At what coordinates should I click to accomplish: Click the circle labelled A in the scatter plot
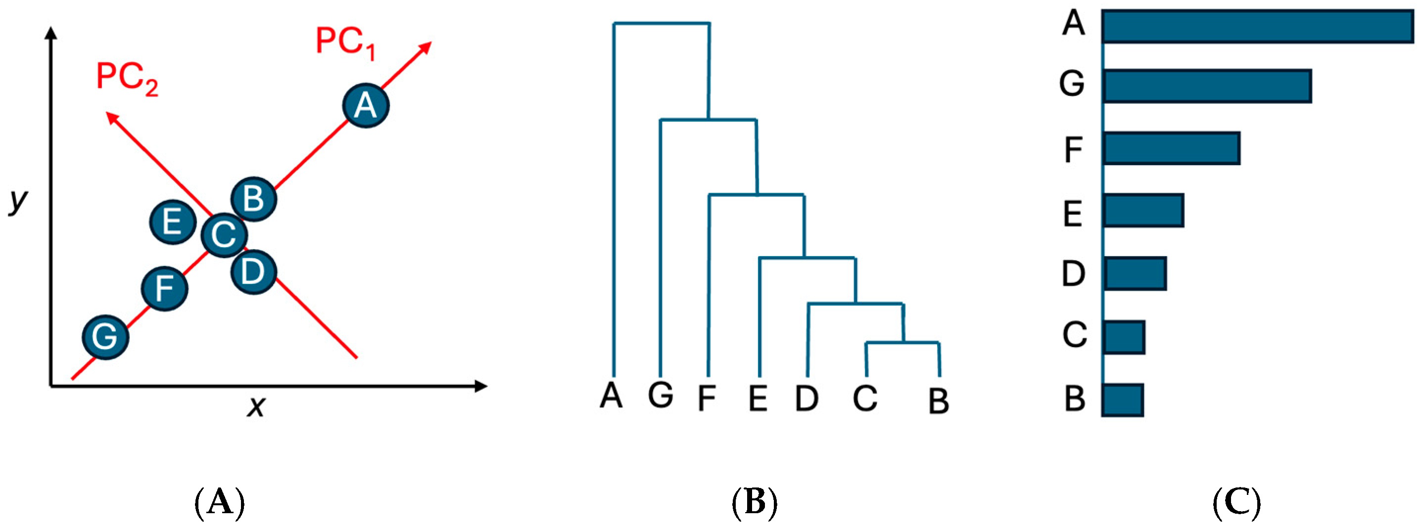tap(366, 105)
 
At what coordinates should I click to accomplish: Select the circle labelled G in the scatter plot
tap(105, 337)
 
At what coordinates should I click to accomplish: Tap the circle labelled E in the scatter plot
tap(173, 222)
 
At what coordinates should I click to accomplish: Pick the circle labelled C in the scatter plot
tap(224, 235)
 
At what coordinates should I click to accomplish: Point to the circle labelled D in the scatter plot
tap(253, 271)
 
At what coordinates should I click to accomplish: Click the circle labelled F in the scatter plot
tap(165, 289)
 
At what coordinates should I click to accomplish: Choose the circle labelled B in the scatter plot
tap(253, 199)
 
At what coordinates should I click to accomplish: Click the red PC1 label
tap(345, 43)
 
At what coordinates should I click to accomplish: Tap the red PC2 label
tap(127, 79)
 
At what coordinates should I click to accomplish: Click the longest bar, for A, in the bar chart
tap(1257, 27)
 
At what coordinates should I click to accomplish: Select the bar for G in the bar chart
tap(1206, 86)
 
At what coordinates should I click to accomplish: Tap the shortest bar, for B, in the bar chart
tap(1123, 399)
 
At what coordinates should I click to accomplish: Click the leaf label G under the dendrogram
tap(661, 396)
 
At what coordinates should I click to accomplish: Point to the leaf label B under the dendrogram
tap(939, 401)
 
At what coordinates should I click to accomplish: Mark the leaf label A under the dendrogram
tap(612, 396)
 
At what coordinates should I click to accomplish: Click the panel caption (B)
tap(754, 503)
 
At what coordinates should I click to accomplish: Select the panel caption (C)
tap(1237, 503)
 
